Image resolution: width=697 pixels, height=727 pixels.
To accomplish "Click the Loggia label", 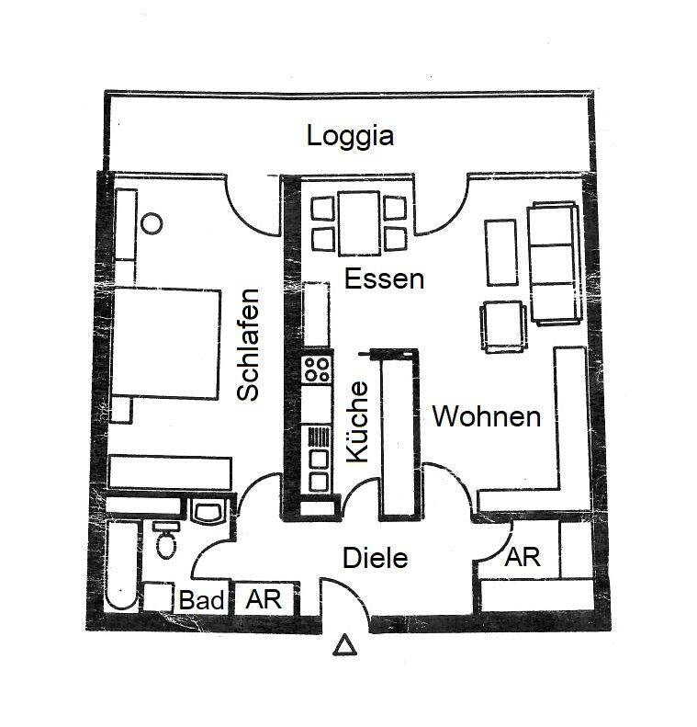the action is coord(350,136).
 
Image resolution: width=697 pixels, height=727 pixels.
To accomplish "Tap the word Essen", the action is coord(384,278).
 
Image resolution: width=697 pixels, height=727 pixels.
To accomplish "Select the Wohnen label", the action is coord(486,416).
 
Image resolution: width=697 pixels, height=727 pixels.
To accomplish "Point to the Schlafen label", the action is coord(248,345).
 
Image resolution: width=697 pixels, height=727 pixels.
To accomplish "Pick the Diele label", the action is coord(375,558).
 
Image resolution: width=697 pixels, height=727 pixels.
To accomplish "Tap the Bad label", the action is coord(202,601).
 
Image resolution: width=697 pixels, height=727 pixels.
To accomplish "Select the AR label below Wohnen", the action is coord(523,558).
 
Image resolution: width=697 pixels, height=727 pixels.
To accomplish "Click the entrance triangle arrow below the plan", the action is coord(345,647).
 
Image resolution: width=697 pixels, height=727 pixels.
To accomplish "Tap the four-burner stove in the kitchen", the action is coord(317,369).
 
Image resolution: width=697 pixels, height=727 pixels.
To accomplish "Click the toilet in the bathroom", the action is coord(166,542).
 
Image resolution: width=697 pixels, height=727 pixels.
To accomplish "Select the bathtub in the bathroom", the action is coord(122,565).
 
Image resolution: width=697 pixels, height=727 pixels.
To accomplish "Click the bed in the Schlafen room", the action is coord(166,342).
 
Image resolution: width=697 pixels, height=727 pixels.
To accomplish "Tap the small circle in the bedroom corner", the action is coord(152,222).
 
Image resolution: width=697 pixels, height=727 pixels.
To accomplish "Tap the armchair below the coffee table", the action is coord(504,325).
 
